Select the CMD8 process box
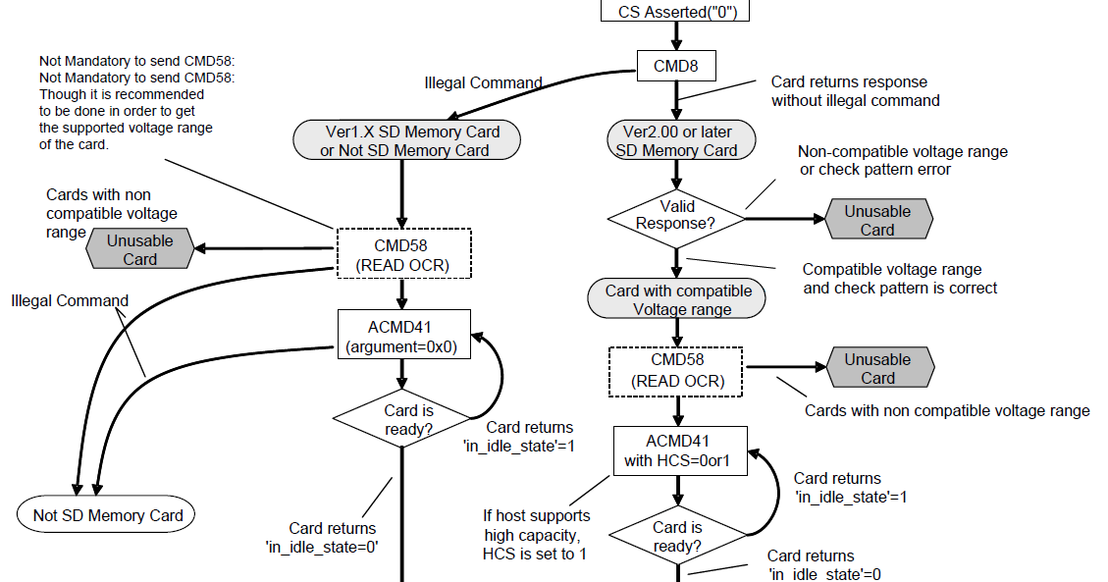coord(675,66)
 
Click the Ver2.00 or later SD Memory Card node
coord(675,140)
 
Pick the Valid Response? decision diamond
coord(675,215)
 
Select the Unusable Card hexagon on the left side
coord(139,249)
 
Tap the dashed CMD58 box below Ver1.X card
coord(403,254)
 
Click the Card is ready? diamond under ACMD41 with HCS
coord(677,536)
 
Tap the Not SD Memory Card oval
coord(107,515)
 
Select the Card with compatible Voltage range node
coord(677,299)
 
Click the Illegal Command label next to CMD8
coord(483,83)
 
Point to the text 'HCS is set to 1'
coord(537,554)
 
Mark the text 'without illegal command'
coord(855,100)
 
